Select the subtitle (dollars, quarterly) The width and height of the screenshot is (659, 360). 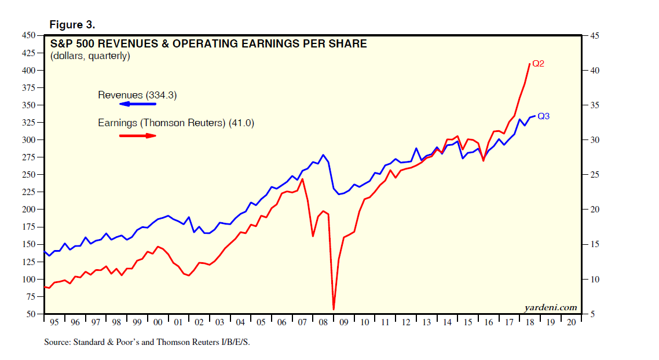[90, 56]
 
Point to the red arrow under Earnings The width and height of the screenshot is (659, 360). [137, 135]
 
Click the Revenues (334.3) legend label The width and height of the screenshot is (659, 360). [135, 95]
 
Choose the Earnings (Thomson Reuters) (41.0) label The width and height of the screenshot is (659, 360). [175, 123]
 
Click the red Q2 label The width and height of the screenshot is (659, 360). [538, 64]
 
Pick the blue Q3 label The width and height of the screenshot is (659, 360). [543, 116]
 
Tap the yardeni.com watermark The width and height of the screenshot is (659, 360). [550, 307]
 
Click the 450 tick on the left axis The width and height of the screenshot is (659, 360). [29, 36]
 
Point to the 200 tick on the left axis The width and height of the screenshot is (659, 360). [29, 210]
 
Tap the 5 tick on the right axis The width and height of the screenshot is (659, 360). [592, 314]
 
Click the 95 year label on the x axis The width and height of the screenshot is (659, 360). [54, 322]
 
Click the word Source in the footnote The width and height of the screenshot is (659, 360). [57, 343]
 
